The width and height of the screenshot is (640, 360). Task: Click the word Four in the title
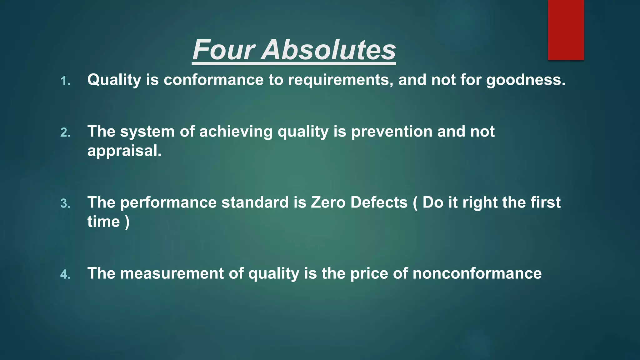(224, 50)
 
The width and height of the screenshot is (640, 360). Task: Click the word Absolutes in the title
(329, 50)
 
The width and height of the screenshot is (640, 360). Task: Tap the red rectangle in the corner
(566, 30)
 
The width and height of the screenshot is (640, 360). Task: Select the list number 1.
(65, 81)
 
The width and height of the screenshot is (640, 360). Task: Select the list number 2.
(65, 133)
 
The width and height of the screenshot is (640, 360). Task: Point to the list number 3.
(65, 204)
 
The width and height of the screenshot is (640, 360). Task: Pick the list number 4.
(65, 275)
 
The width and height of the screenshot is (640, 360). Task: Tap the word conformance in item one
(213, 80)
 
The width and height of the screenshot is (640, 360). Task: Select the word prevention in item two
(392, 132)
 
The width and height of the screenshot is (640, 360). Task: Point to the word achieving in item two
(236, 132)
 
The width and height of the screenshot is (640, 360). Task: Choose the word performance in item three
(168, 202)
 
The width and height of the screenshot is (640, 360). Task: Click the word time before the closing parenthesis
(103, 222)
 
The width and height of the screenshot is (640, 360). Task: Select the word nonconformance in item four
(477, 273)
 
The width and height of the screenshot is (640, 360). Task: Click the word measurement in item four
(172, 273)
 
